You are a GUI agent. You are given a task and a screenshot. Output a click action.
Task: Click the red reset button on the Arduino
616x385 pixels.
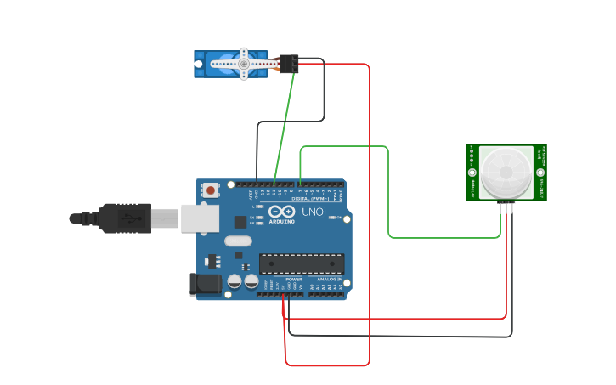pos(210,190)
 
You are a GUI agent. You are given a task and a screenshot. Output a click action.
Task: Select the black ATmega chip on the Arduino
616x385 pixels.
pos(302,264)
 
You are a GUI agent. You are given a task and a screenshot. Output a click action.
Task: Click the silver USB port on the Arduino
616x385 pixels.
pos(199,218)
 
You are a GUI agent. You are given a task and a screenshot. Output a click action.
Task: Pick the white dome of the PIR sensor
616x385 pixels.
pos(506,172)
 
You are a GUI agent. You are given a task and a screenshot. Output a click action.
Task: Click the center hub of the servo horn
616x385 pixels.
pos(244,64)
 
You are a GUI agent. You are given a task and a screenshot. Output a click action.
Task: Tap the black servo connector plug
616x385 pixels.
pos(289,64)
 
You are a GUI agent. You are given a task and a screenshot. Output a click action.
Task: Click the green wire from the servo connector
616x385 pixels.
pos(285,127)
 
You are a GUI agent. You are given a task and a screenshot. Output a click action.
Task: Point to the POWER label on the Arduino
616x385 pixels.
pos(294,279)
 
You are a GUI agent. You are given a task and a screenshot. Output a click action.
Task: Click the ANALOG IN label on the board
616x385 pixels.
pos(330,279)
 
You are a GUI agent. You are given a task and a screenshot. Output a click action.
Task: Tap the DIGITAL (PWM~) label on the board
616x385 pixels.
pos(311,199)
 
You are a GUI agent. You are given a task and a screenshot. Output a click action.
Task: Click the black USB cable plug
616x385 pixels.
pos(127,218)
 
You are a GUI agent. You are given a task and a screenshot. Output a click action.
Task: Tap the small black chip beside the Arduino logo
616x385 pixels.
pos(240,222)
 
